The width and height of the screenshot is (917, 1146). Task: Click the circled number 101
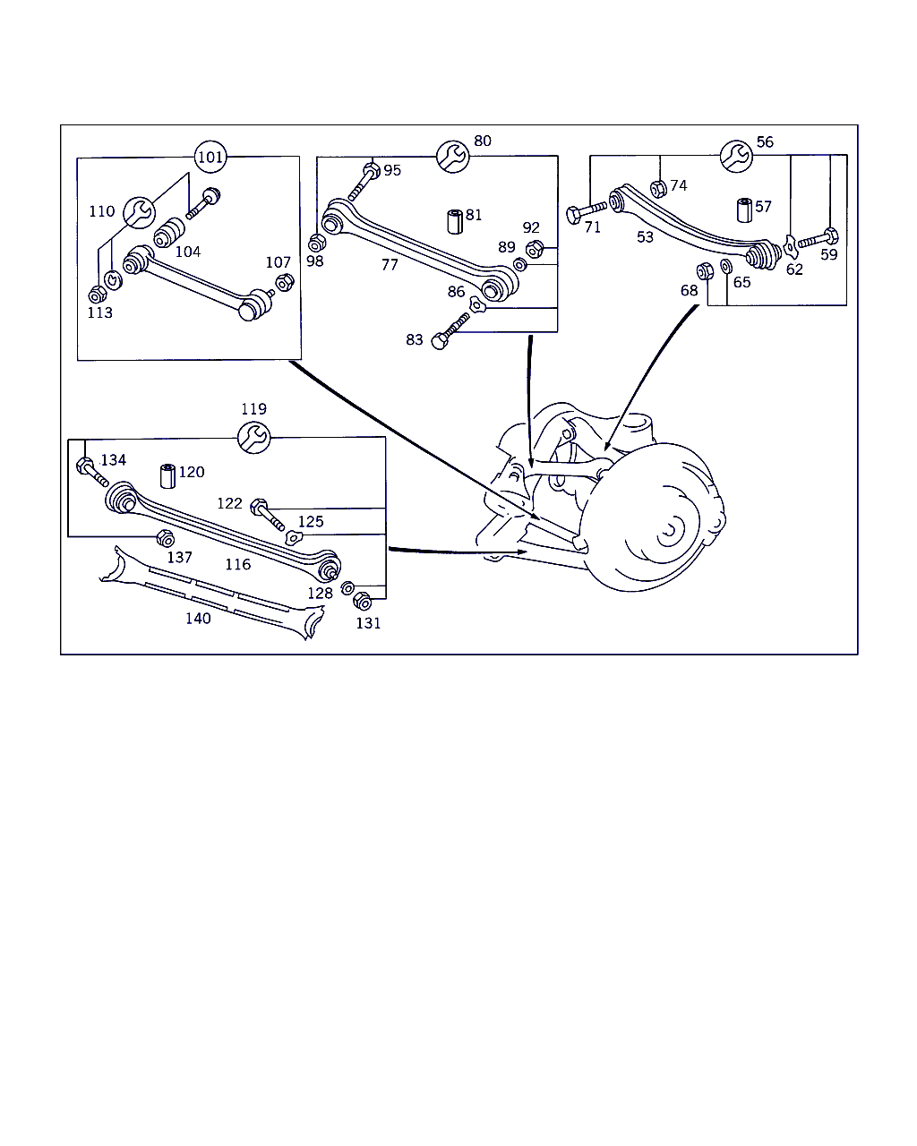coord(210,157)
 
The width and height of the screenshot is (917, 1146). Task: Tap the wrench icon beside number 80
coord(453,157)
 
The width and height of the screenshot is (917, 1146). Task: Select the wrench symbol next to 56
coord(736,157)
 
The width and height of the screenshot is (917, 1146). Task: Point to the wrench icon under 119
coord(254,437)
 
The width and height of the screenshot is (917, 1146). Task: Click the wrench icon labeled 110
coord(139,212)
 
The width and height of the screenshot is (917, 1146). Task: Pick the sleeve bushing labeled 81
coord(455,221)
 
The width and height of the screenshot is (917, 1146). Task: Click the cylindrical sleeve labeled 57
coord(744,210)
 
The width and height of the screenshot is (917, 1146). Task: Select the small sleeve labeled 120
coord(167,476)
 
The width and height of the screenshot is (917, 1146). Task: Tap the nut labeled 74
coord(658,189)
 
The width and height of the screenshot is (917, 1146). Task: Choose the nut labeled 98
coord(316,244)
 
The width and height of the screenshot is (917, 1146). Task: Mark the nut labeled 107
coord(285,282)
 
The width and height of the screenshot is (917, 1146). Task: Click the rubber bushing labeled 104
coord(169,233)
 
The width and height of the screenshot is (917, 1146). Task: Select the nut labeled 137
coord(165,539)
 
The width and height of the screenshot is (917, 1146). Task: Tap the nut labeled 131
coord(363,601)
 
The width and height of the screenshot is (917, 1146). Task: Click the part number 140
coord(198,619)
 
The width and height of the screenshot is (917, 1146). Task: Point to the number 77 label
coord(390,265)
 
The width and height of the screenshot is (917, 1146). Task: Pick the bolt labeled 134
coord(92,471)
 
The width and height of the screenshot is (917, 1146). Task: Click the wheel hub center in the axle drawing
coord(668,530)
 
